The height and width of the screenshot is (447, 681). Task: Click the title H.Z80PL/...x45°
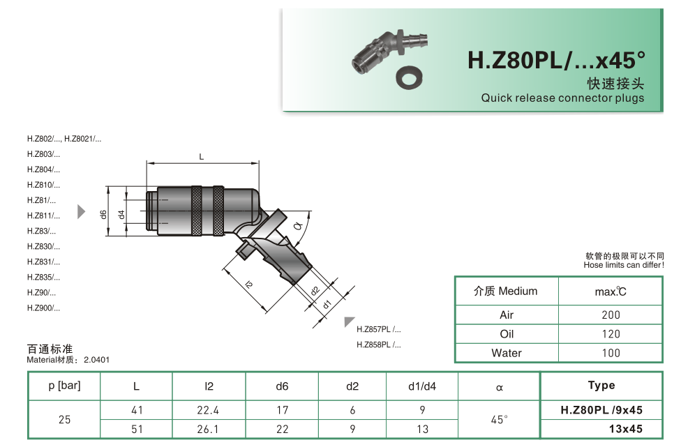click(x=555, y=61)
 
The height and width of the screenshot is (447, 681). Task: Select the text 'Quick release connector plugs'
click(x=562, y=98)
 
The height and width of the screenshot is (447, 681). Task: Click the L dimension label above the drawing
click(x=202, y=157)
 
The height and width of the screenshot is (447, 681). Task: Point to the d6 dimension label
click(x=103, y=214)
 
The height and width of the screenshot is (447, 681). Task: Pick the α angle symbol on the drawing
click(x=298, y=226)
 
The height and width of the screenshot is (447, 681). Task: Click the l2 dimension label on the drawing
click(x=249, y=284)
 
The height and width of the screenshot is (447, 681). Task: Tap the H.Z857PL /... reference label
click(x=378, y=329)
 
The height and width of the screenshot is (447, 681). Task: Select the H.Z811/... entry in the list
click(x=43, y=215)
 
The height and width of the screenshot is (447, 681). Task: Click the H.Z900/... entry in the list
click(x=43, y=308)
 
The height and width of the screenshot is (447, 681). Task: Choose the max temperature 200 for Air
click(x=611, y=315)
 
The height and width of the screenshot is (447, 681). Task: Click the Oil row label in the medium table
click(x=507, y=334)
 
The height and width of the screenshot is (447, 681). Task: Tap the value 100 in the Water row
click(x=611, y=353)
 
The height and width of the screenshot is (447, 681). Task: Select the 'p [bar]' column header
click(x=64, y=386)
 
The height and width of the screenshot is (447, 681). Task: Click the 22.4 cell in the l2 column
click(x=209, y=411)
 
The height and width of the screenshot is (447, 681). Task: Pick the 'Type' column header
click(x=601, y=386)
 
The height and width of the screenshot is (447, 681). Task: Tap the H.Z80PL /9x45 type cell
click(x=601, y=411)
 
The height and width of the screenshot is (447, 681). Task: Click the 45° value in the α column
click(x=499, y=420)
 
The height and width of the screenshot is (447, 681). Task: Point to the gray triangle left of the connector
click(x=81, y=211)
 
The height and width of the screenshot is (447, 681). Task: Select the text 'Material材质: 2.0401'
click(x=68, y=360)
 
